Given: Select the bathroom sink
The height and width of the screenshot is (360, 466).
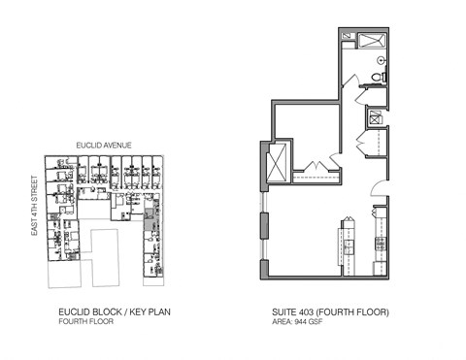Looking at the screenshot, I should click(380, 57).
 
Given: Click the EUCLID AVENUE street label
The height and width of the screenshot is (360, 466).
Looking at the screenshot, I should click(104, 146).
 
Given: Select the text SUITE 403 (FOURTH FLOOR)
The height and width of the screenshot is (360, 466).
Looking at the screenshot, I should click(331, 311).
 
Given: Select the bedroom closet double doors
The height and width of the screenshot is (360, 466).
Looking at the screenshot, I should click(313, 165).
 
